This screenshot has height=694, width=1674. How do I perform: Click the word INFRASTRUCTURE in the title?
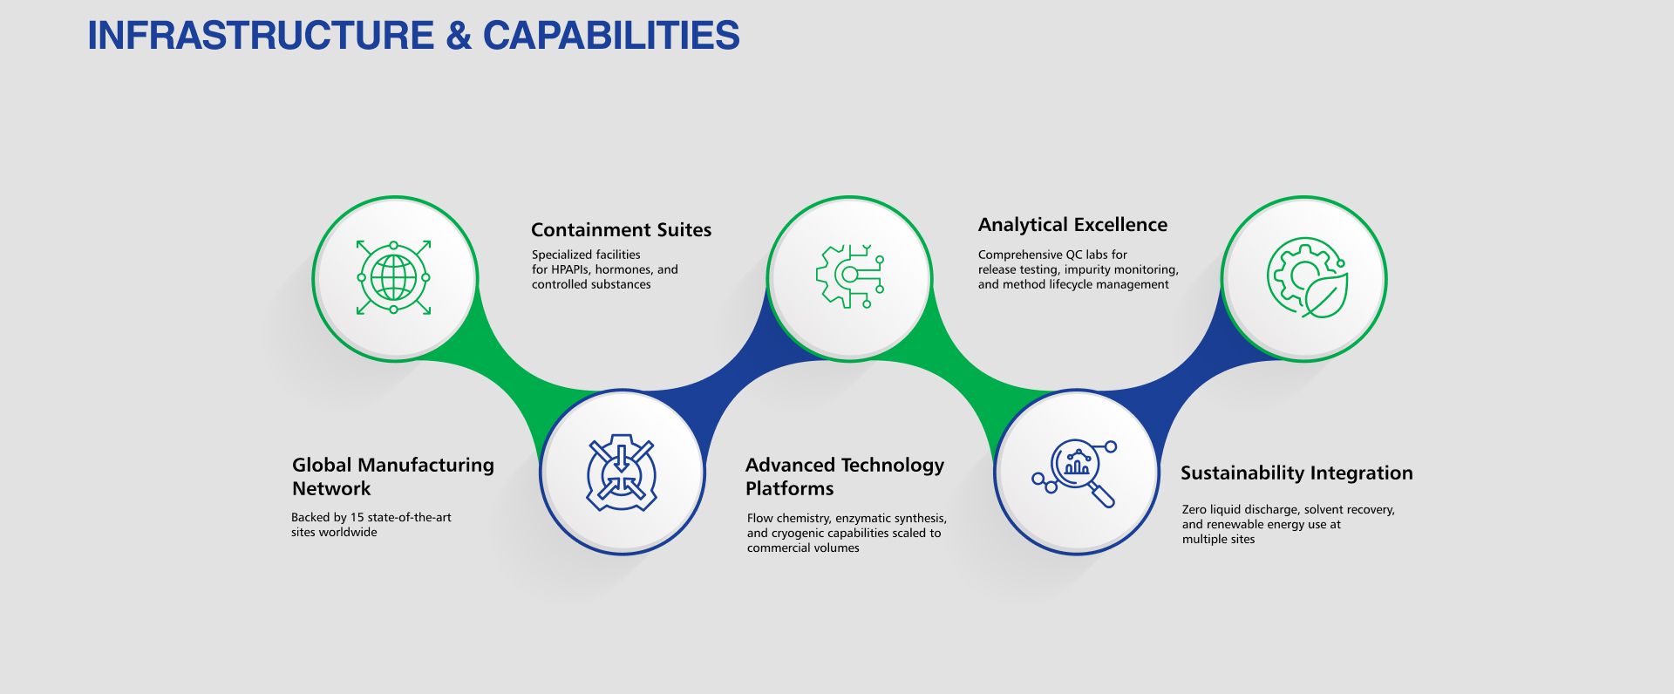click(x=261, y=36)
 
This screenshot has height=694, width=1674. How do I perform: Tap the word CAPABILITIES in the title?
click(x=611, y=36)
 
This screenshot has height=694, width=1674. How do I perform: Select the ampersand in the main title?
click(x=458, y=36)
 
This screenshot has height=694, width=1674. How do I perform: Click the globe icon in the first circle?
click(x=394, y=277)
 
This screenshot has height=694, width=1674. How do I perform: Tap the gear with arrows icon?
click(x=621, y=472)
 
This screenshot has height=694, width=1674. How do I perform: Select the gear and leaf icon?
click(x=1305, y=277)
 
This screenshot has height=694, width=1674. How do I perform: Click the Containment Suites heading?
click(x=621, y=230)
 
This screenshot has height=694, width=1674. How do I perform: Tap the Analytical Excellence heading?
click(x=1072, y=225)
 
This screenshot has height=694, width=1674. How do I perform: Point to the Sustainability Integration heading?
click(x=1296, y=473)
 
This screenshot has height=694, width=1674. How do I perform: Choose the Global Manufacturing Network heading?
click(x=392, y=476)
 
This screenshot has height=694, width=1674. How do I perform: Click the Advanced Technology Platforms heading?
click(x=844, y=476)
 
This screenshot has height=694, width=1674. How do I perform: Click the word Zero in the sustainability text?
click(x=1194, y=509)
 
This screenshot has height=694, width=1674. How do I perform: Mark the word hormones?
click(x=624, y=269)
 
